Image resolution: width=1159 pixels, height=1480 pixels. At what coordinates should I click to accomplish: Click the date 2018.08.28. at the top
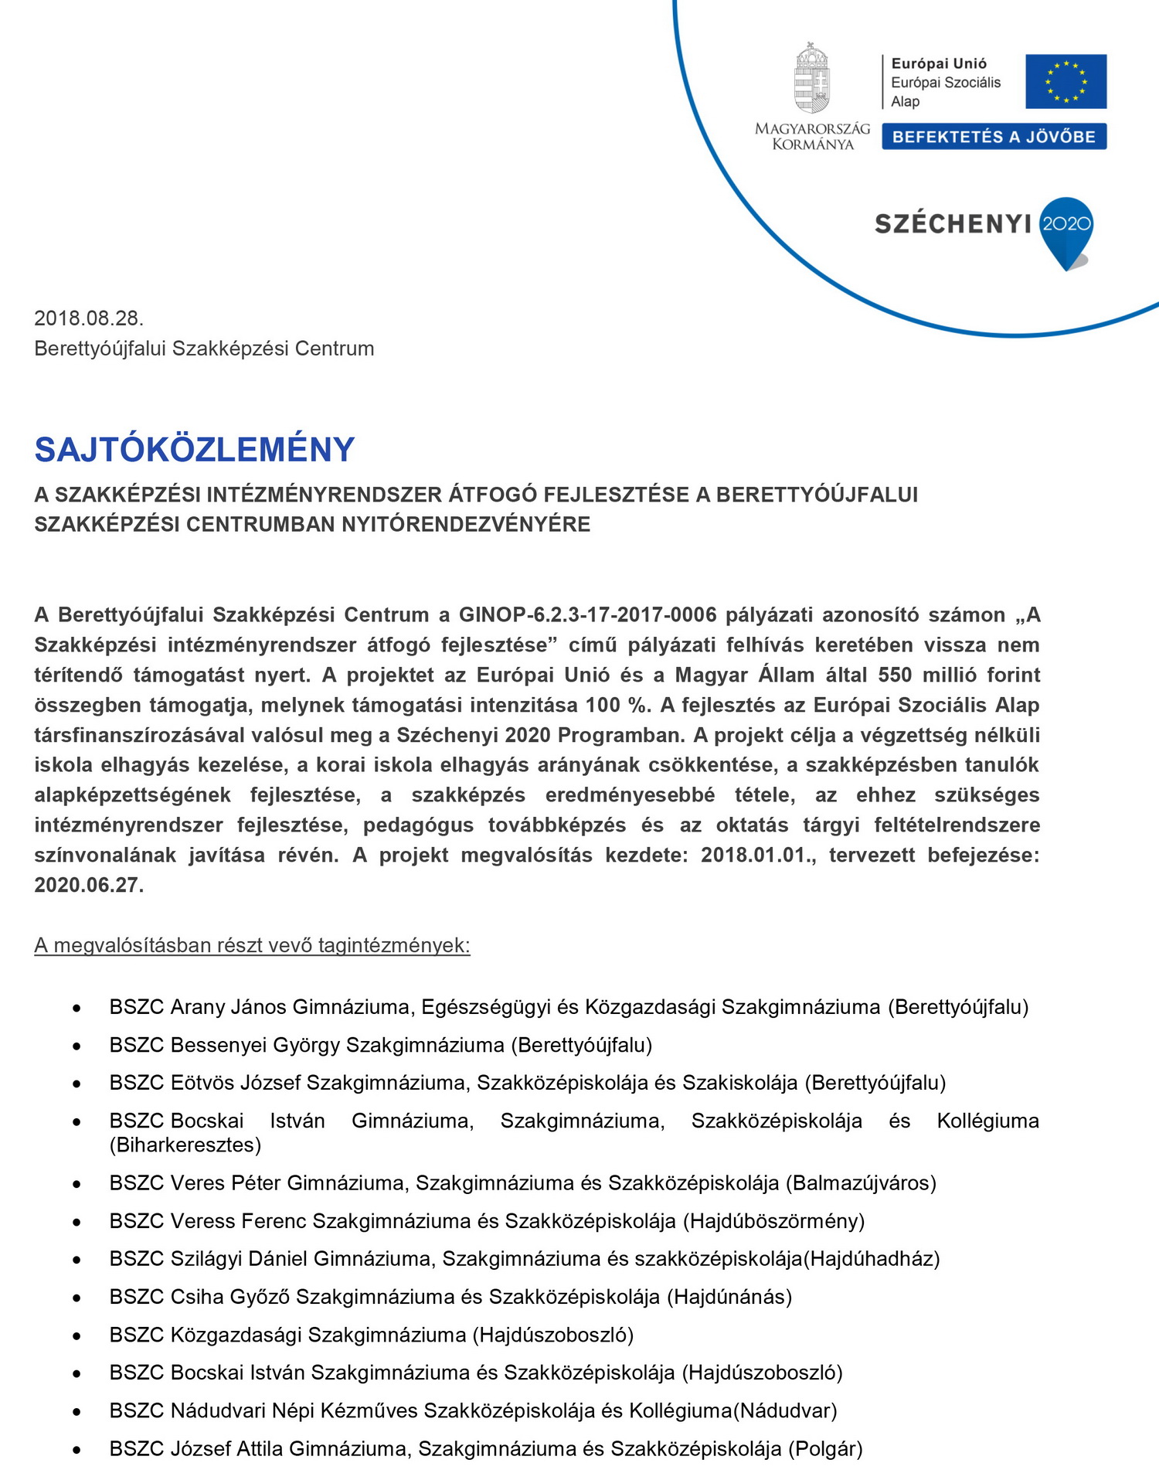pyautogui.click(x=89, y=318)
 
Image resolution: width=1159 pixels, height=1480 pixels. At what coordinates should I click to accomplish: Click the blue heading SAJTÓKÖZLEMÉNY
pyautogui.click(x=194, y=450)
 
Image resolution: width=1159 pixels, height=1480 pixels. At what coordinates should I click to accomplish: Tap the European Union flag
pyautogui.click(x=1066, y=81)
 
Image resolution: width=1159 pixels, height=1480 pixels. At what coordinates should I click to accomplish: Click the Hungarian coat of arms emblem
pyautogui.click(x=811, y=79)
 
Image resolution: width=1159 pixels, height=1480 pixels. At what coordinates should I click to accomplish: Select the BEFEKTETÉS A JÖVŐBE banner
pyautogui.click(x=994, y=137)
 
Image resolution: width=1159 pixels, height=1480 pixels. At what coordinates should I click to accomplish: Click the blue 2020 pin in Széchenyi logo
pyautogui.click(x=1066, y=228)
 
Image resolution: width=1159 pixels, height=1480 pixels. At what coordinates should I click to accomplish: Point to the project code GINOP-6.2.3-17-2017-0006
pyautogui.click(x=587, y=615)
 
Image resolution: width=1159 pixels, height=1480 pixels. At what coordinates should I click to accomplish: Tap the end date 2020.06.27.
pyautogui.click(x=89, y=886)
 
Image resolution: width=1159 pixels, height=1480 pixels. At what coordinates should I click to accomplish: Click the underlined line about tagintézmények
pyautogui.click(x=252, y=946)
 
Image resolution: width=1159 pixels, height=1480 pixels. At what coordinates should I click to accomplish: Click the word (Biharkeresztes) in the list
pyautogui.click(x=185, y=1145)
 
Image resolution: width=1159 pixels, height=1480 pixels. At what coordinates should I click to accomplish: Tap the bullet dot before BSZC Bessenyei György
pyautogui.click(x=76, y=1046)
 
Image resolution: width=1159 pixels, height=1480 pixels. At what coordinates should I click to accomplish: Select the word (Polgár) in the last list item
pyautogui.click(x=825, y=1449)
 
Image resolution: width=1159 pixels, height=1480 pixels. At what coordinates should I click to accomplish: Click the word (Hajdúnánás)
pyautogui.click(x=729, y=1297)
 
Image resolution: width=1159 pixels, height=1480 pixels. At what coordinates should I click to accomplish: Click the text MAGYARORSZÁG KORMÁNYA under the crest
pyautogui.click(x=812, y=137)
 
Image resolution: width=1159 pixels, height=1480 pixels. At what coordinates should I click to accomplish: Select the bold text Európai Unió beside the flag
pyautogui.click(x=939, y=64)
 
